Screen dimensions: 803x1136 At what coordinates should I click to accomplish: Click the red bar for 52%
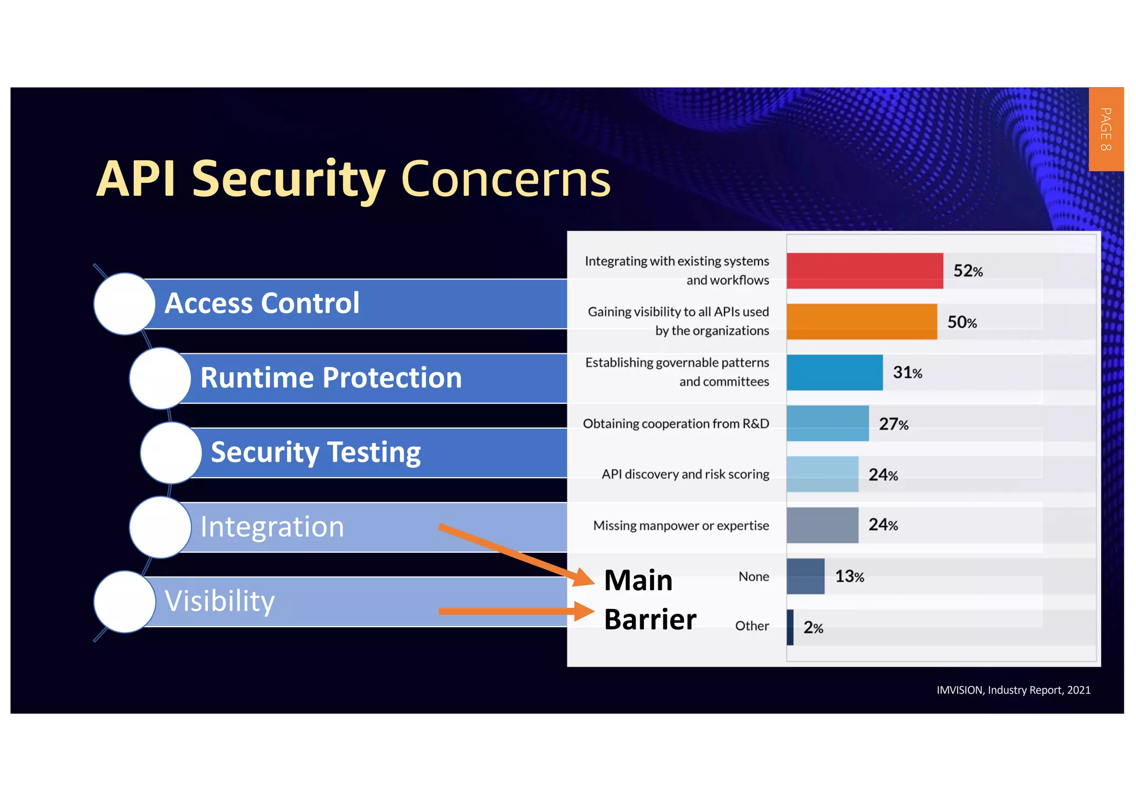(x=864, y=271)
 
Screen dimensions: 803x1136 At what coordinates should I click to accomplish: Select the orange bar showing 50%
(x=861, y=322)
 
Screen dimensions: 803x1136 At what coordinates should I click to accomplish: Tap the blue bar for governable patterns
(x=834, y=373)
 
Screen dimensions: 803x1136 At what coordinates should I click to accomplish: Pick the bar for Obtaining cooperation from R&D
(x=827, y=424)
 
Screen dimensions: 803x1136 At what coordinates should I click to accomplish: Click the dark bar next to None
(x=805, y=576)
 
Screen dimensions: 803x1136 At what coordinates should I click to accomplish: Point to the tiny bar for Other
(x=790, y=627)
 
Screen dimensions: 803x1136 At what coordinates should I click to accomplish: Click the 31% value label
(x=907, y=373)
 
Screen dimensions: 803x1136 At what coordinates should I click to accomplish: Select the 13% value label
(x=850, y=577)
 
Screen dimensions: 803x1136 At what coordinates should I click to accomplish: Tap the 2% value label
(x=813, y=628)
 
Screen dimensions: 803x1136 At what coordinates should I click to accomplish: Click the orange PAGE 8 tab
(x=1105, y=129)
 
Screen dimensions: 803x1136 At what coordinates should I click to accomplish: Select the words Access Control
(x=262, y=303)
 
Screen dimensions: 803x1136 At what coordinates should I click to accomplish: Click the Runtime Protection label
(x=331, y=378)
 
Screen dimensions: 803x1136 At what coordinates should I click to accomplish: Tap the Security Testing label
(x=316, y=453)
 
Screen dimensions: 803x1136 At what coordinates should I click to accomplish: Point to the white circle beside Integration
(x=160, y=527)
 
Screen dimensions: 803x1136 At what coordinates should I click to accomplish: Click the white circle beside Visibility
(x=125, y=602)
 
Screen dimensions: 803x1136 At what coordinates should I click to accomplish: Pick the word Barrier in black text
(x=650, y=619)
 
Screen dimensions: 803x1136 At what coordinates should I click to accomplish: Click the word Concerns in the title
(x=505, y=179)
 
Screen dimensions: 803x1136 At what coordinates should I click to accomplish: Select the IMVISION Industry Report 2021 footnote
(x=1013, y=690)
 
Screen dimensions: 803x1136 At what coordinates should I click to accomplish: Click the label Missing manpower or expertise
(x=681, y=526)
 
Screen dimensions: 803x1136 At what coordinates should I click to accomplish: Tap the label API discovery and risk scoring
(x=686, y=475)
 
